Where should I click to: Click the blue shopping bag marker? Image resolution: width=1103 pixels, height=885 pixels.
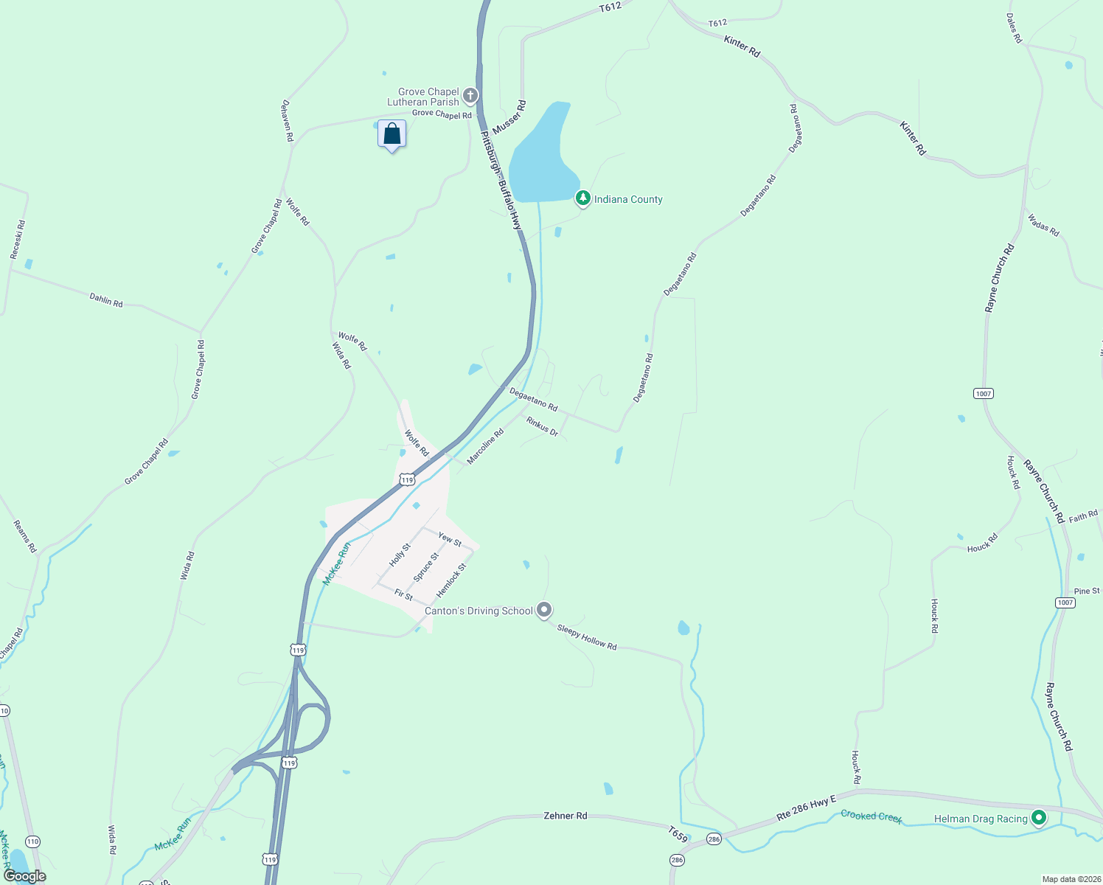(x=392, y=134)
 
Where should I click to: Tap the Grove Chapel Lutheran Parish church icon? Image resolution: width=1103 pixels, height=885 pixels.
(x=470, y=96)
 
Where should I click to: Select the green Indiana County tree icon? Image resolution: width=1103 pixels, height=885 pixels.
(x=582, y=198)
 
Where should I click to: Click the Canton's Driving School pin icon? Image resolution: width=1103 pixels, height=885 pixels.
(x=544, y=610)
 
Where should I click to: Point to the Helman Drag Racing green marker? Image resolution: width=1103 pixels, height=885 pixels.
(x=1039, y=817)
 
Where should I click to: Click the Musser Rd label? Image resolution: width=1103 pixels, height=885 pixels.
(x=509, y=117)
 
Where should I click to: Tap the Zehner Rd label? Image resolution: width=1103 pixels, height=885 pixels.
(x=565, y=816)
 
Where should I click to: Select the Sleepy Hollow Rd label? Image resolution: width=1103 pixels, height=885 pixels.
(x=586, y=637)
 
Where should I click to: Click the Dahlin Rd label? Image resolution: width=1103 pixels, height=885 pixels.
(x=106, y=300)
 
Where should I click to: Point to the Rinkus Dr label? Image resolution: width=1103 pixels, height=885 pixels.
(x=542, y=426)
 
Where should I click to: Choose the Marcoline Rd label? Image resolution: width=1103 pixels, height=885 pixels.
(x=485, y=447)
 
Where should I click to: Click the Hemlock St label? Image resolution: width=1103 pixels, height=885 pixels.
(x=451, y=580)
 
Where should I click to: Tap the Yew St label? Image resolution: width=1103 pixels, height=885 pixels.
(x=449, y=539)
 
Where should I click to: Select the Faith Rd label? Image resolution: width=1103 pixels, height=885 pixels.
(x=1083, y=516)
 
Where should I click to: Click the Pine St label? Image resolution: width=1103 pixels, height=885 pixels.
(x=1087, y=591)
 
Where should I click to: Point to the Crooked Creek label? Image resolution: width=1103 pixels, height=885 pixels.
(x=871, y=816)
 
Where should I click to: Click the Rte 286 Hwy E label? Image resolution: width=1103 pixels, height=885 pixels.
(x=807, y=808)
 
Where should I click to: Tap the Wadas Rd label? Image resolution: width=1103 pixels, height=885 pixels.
(x=1043, y=225)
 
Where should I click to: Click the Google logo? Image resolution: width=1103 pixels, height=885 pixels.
(x=24, y=876)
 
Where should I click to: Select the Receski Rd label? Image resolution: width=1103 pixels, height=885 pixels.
(x=18, y=240)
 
